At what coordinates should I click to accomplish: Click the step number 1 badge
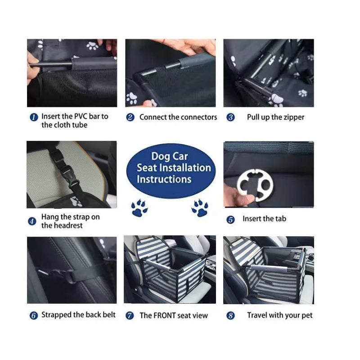pyautogui.click(x=34, y=117)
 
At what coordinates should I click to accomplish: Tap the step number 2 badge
pyautogui.click(x=130, y=117)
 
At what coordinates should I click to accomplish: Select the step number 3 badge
pyautogui.click(x=230, y=117)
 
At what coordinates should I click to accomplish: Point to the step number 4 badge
pyautogui.click(x=32, y=221)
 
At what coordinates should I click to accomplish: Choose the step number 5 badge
pyautogui.click(x=230, y=220)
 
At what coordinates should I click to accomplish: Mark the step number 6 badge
pyautogui.click(x=33, y=315)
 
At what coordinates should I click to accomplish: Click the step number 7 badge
pyautogui.click(x=130, y=315)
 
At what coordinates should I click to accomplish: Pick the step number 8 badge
pyautogui.click(x=230, y=315)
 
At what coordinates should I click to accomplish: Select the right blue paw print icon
pyautogui.click(x=200, y=208)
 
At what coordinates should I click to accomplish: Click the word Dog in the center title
pyautogui.click(x=160, y=156)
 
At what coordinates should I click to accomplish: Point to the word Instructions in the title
pyautogui.click(x=164, y=179)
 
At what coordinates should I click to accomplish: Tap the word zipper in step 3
pyautogui.click(x=294, y=117)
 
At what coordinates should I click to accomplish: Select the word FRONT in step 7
pyautogui.click(x=165, y=315)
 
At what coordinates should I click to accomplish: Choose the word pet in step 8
pyautogui.click(x=307, y=315)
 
